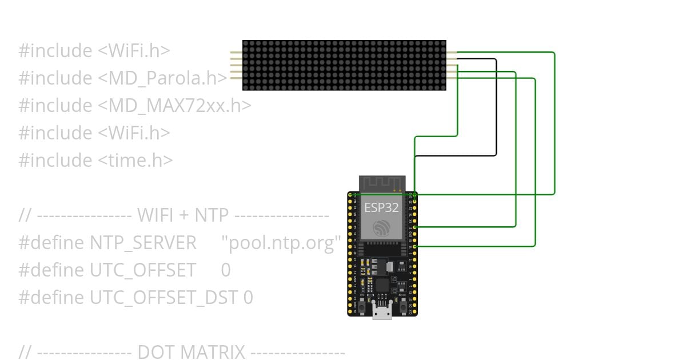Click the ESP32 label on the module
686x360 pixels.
[x=381, y=207]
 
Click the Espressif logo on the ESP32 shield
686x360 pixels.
[x=381, y=228]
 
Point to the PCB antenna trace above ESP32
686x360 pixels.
[x=382, y=184]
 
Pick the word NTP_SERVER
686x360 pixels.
[x=143, y=243]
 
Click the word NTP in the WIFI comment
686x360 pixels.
[x=212, y=215]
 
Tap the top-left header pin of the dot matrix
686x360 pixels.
[x=236, y=53]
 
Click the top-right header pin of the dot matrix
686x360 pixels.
[x=452, y=53]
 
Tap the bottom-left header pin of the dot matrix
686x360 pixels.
[x=236, y=78]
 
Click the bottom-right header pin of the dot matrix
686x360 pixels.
[x=452, y=78]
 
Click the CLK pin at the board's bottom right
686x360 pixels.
[x=414, y=312]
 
